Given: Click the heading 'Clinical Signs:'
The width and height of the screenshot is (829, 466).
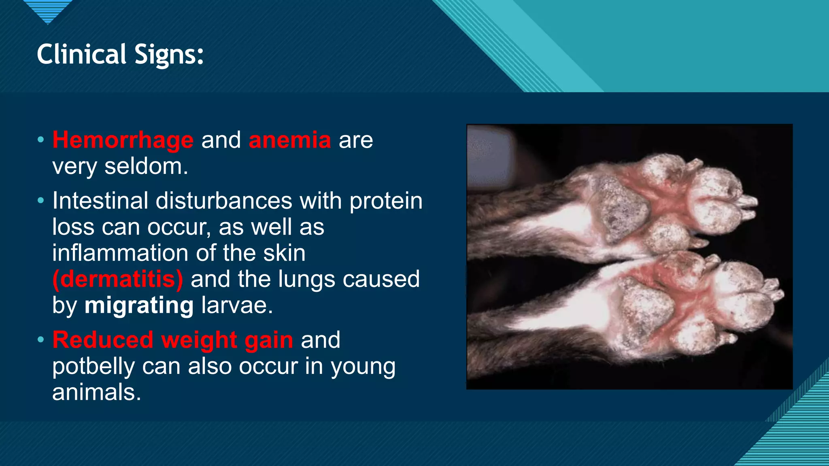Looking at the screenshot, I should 120,55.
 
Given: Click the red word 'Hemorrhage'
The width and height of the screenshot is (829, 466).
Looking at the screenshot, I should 123,140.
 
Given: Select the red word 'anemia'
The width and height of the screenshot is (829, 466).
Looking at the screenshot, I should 290,140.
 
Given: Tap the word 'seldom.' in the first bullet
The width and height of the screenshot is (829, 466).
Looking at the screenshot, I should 146,167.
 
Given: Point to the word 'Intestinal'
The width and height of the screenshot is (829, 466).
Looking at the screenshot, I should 100,201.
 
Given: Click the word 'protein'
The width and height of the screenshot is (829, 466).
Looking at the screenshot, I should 386,201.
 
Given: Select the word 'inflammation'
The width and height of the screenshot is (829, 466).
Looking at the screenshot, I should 120,253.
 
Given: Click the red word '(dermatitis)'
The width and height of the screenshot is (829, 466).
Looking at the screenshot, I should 117,280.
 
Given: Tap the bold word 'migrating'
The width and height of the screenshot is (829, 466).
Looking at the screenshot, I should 139,305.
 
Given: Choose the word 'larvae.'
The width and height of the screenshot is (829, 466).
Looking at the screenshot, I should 237,305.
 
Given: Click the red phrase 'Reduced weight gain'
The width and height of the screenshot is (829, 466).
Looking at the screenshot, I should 173,340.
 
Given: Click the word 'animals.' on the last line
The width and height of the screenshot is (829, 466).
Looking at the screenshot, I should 97,392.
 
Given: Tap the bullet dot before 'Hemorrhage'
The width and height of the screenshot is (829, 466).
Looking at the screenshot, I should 40,140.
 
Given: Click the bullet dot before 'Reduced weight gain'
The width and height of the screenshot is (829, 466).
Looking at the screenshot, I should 40,340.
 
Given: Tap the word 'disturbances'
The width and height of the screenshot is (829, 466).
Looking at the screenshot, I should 224,201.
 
